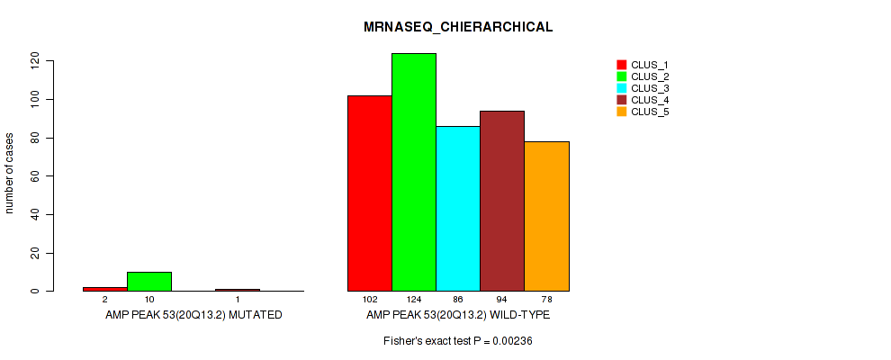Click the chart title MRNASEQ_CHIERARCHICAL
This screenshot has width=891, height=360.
point(458,27)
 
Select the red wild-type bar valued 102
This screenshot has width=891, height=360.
point(370,193)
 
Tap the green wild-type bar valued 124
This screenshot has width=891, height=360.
point(414,172)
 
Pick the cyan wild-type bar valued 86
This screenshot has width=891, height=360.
point(458,208)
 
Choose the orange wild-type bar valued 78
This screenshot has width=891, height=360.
point(546,216)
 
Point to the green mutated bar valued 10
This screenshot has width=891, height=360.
point(149,281)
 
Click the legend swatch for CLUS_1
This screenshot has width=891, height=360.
point(621,65)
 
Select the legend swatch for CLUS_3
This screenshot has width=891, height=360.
point(621,88)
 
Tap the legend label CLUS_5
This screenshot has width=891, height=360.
point(650,112)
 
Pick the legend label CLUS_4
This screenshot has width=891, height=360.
point(650,100)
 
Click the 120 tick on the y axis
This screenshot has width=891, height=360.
point(35,60)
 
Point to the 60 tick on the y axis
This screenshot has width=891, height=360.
point(35,175)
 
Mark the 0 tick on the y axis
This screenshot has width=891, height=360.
point(35,291)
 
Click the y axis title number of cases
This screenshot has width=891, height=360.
point(10,175)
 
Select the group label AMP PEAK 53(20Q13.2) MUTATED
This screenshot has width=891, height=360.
point(193,316)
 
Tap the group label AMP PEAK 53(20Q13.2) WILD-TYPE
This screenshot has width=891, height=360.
point(458,316)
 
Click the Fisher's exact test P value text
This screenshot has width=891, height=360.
point(458,341)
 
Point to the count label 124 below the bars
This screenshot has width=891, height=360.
point(414,299)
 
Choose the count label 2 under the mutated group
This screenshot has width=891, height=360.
point(105,299)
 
